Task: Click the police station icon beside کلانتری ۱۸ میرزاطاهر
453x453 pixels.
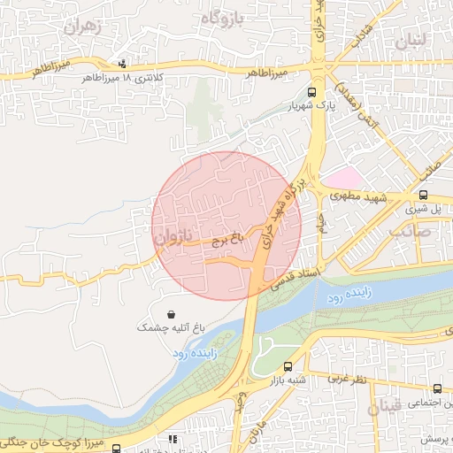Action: click(x=122, y=63)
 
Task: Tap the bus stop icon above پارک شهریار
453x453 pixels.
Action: click(x=311, y=92)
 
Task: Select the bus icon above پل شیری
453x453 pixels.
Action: click(x=423, y=196)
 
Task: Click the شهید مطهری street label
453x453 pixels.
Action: click(x=360, y=199)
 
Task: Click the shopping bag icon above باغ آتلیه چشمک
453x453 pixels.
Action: click(x=170, y=314)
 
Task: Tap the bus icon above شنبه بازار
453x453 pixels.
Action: click(x=288, y=367)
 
